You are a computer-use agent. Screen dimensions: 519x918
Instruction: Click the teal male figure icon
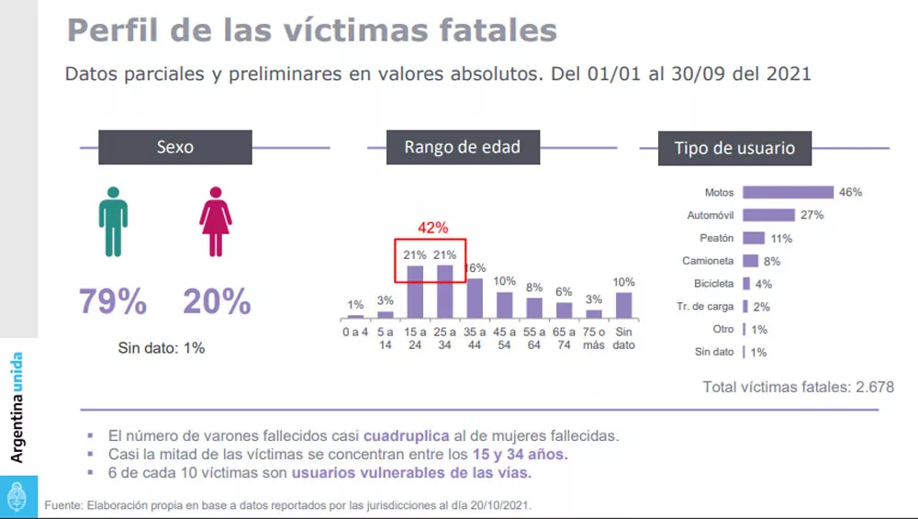pyautogui.click(x=113, y=221)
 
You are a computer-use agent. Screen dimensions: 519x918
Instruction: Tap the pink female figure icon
pyautogui.click(x=216, y=221)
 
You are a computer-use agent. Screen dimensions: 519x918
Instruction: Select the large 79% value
pyautogui.click(x=113, y=301)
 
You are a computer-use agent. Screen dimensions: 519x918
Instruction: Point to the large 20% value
pyautogui.click(x=217, y=301)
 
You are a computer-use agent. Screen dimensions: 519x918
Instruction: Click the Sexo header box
pyautogui.click(x=174, y=147)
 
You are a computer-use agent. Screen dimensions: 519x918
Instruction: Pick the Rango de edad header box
pyautogui.click(x=462, y=147)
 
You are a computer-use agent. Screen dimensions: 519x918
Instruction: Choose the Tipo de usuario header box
pyautogui.click(x=734, y=148)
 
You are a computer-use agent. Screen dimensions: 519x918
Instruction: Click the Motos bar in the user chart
pyautogui.click(x=788, y=192)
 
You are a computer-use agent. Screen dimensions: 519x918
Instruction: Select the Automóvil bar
pyautogui.click(x=768, y=215)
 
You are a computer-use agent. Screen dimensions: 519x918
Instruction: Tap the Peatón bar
pyautogui.click(x=755, y=238)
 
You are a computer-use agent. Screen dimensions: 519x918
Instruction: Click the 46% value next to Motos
pyautogui.click(x=850, y=192)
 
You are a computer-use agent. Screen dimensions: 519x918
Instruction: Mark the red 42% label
pyautogui.click(x=431, y=228)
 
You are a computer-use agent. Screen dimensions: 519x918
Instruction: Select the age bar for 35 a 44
pyautogui.click(x=475, y=298)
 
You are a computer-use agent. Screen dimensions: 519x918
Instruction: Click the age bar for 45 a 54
pyautogui.click(x=504, y=304)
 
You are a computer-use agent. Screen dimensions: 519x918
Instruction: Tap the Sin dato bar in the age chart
pyautogui.click(x=623, y=304)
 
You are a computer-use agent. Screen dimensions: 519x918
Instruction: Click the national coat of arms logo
pyautogui.click(x=17, y=498)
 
